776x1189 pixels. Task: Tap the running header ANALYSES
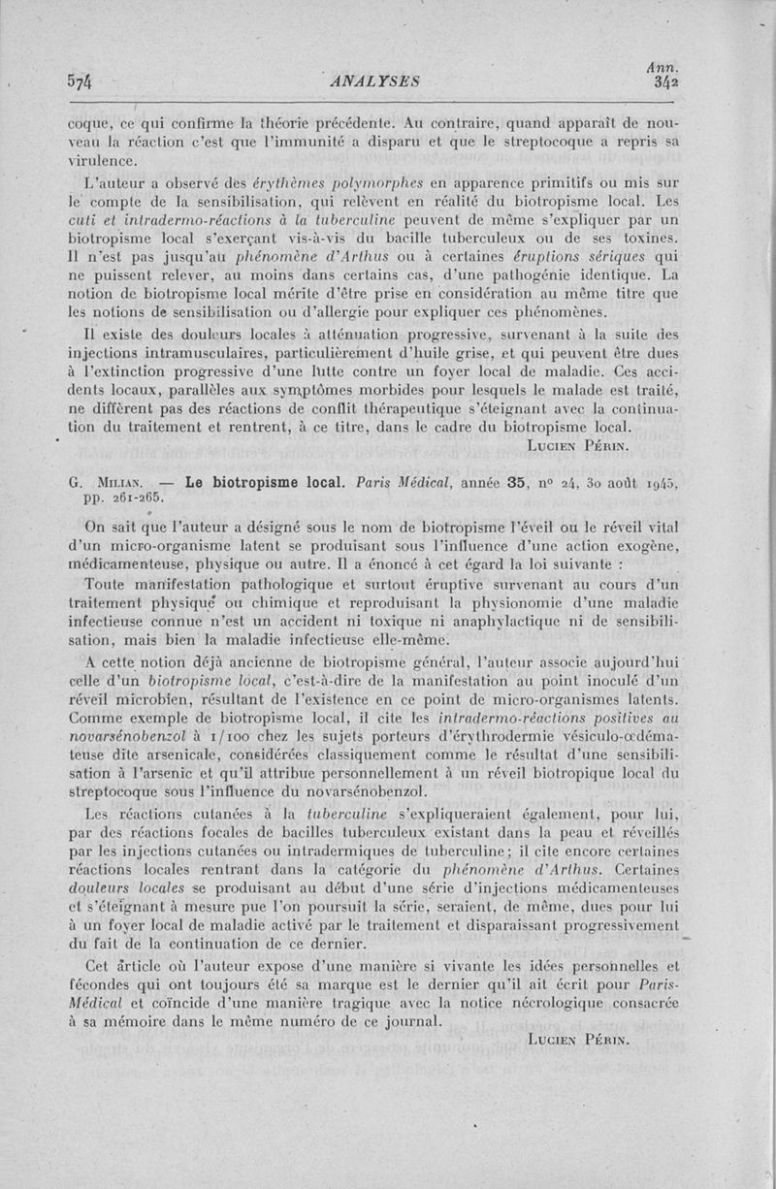[372, 81]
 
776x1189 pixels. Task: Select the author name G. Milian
[108, 480]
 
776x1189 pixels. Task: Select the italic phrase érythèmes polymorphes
[315, 183]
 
